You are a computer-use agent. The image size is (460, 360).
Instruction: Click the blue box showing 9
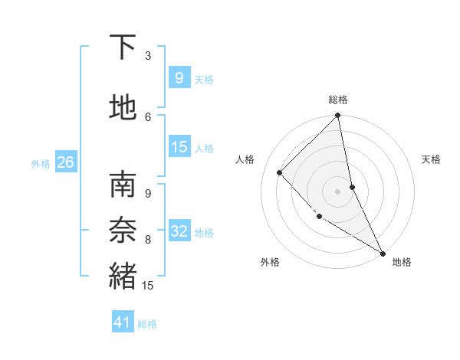(179, 77)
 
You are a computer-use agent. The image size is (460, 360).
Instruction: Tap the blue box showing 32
(179, 231)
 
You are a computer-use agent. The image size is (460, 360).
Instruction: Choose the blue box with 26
(65, 162)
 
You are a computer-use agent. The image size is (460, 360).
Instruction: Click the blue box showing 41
(123, 322)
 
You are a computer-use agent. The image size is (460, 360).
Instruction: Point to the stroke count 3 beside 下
(148, 55)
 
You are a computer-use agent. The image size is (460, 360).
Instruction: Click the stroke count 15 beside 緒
(148, 286)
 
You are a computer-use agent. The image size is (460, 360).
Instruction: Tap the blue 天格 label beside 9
(204, 79)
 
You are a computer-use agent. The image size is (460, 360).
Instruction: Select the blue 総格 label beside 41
(147, 324)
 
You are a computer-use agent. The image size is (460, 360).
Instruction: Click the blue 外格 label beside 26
(41, 163)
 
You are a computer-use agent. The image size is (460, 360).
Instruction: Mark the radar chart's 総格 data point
(337, 116)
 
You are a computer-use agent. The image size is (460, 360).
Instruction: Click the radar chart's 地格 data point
(382, 253)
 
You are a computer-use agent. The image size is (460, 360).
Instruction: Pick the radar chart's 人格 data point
(280, 172)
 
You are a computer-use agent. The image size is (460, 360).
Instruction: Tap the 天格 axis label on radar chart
(431, 159)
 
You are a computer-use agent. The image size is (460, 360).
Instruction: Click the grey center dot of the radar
(337, 191)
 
